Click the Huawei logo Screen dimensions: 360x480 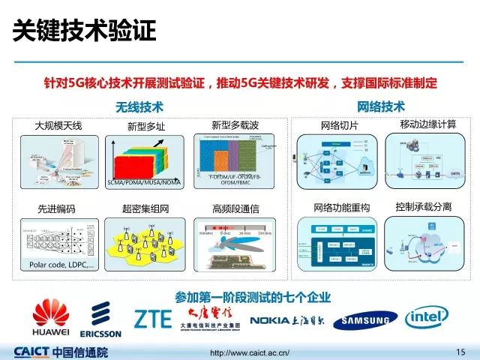[49, 316]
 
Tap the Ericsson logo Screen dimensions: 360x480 [106, 318]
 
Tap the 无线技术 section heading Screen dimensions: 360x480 [139, 107]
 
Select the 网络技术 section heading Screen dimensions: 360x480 [380, 106]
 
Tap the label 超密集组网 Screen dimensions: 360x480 [141, 207]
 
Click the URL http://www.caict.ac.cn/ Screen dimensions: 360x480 [249, 352]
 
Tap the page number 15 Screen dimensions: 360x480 [460, 351]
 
